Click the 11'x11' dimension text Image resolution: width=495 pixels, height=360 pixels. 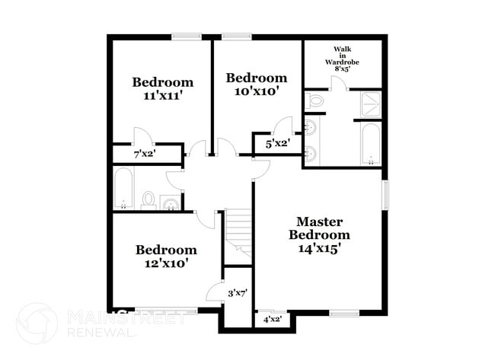tap(162, 97)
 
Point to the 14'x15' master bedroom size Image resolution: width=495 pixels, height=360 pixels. tap(324, 248)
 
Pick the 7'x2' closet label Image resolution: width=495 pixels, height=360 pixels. tap(144, 155)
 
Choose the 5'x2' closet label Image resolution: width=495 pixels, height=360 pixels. tap(277, 142)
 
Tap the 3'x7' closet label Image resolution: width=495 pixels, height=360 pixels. tap(238, 292)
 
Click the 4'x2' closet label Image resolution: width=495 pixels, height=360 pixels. tap(272, 319)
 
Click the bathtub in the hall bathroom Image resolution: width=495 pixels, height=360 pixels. tap(123, 188)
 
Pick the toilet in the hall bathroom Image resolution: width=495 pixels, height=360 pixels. tap(149, 199)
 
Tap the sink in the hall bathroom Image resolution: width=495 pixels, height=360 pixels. tap(170, 202)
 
